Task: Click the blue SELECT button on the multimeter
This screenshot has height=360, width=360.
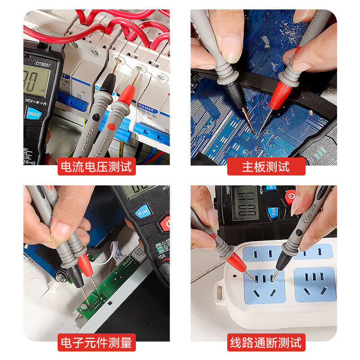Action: pyautogui.click(x=34, y=113)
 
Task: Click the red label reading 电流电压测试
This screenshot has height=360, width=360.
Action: pyautogui.click(x=97, y=166)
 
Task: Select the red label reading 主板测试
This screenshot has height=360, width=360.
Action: pyautogui.click(x=266, y=166)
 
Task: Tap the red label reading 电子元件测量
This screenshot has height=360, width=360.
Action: pyautogui.click(x=97, y=343)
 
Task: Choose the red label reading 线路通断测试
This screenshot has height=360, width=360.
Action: pyautogui.click(x=266, y=343)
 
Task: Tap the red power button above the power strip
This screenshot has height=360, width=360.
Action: pyautogui.click(x=290, y=197)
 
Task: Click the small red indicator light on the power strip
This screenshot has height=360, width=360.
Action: pyautogui.click(x=234, y=274)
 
